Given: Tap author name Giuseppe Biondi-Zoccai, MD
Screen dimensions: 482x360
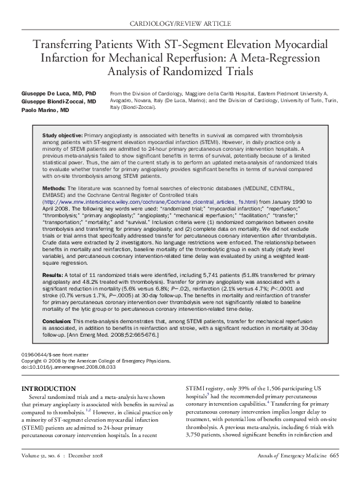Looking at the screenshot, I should click(x=59, y=101).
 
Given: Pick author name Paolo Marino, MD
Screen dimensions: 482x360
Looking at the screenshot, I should click(x=46, y=110).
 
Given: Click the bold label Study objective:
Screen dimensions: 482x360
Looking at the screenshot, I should click(x=62, y=134).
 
